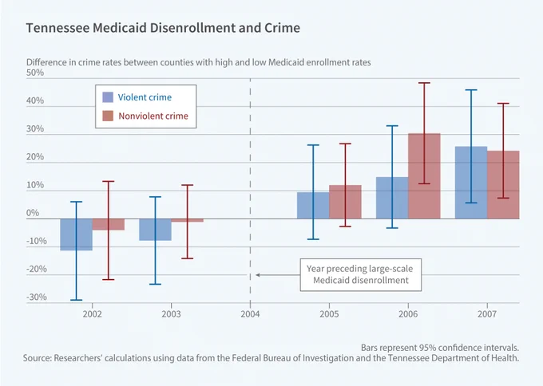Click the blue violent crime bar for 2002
[x=76, y=234]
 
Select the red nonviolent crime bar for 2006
[x=424, y=176]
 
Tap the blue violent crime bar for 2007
[x=471, y=183]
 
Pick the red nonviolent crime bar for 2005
[x=345, y=202]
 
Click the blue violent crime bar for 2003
[x=155, y=230]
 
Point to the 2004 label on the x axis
[x=250, y=314]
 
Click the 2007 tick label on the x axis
[x=487, y=314]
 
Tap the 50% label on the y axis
[x=35, y=73]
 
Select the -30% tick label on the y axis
[x=37, y=297]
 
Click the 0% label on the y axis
[x=33, y=213]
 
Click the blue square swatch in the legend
[x=108, y=97]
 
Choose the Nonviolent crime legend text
[x=153, y=116]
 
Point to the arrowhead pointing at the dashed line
[x=258, y=275]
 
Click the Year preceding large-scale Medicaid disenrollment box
[x=360, y=274]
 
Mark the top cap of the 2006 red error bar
[x=424, y=83]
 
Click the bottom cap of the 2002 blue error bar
[x=76, y=300]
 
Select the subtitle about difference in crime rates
[x=198, y=62]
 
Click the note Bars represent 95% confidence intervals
[x=440, y=348]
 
